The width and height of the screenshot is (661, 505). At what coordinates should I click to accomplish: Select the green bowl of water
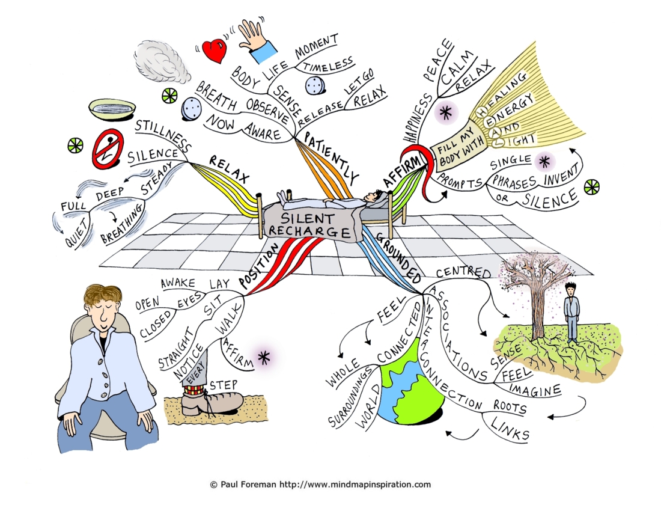pyautogui.click(x=112, y=109)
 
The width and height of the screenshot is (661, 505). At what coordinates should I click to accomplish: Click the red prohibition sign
pyautogui.click(x=108, y=148)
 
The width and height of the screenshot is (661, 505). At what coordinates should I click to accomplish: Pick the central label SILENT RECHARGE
pyautogui.click(x=309, y=225)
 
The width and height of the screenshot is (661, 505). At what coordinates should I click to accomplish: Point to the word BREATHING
pyautogui.click(x=122, y=224)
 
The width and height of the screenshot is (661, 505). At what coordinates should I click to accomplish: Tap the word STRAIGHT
pyautogui.click(x=177, y=349)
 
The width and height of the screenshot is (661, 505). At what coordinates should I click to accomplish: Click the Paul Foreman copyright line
pyautogui.click(x=320, y=485)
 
